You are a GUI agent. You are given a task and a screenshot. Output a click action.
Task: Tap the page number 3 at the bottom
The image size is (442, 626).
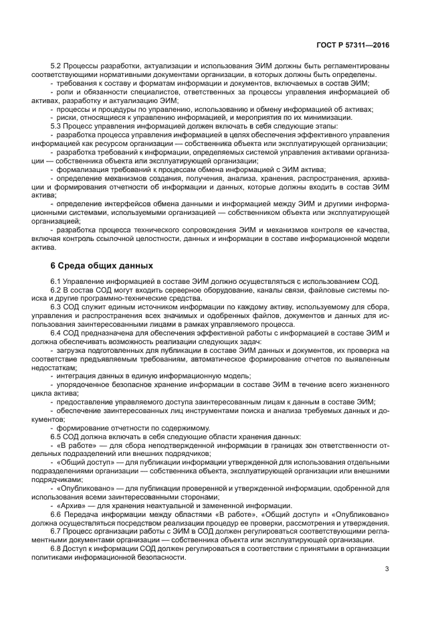[387, 570]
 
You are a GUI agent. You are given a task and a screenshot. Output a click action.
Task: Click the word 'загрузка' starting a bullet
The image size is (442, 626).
[72, 350]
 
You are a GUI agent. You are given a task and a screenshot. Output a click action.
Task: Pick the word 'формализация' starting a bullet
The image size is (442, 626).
[81, 169]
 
